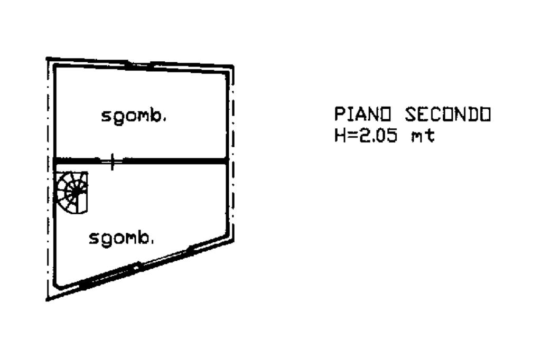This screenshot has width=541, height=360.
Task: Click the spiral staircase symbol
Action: point(72,192)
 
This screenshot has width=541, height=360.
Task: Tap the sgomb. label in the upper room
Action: point(134,116)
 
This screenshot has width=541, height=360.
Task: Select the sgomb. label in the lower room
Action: point(122,239)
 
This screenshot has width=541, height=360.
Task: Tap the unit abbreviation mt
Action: point(423,136)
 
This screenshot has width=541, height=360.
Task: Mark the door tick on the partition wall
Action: point(112,161)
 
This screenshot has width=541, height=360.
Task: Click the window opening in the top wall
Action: point(139,65)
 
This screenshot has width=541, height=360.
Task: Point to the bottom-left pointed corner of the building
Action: point(48,299)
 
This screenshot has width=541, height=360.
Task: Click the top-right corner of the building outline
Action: point(233,66)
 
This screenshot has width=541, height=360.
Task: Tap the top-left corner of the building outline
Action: point(48,59)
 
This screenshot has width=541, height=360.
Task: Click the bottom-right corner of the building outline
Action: point(233,242)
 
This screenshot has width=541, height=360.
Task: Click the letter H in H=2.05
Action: point(339,136)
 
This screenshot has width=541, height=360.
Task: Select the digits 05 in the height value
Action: point(388,136)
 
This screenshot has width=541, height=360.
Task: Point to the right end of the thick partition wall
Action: point(227,161)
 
